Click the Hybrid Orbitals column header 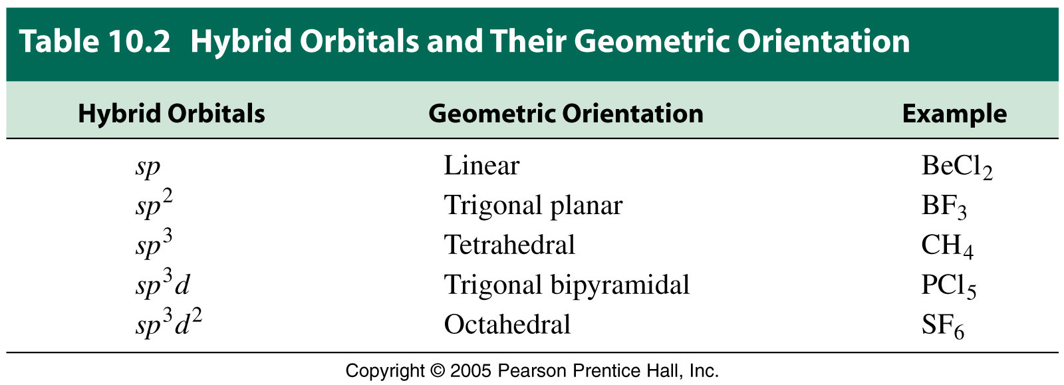point(172,114)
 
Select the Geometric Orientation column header point(566,114)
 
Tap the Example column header point(954,114)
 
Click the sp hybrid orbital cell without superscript point(148,168)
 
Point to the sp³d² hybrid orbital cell point(169,322)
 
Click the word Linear point(481,166)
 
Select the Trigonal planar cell point(533,206)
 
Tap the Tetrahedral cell point(509,245)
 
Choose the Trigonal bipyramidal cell point(567,285)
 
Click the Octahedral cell point(507,324)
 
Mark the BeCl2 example point(957,168)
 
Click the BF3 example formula point(944,207)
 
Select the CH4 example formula point(947,247)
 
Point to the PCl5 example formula point(948,287)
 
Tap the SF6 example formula point(943,326)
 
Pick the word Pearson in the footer point(531,371)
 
